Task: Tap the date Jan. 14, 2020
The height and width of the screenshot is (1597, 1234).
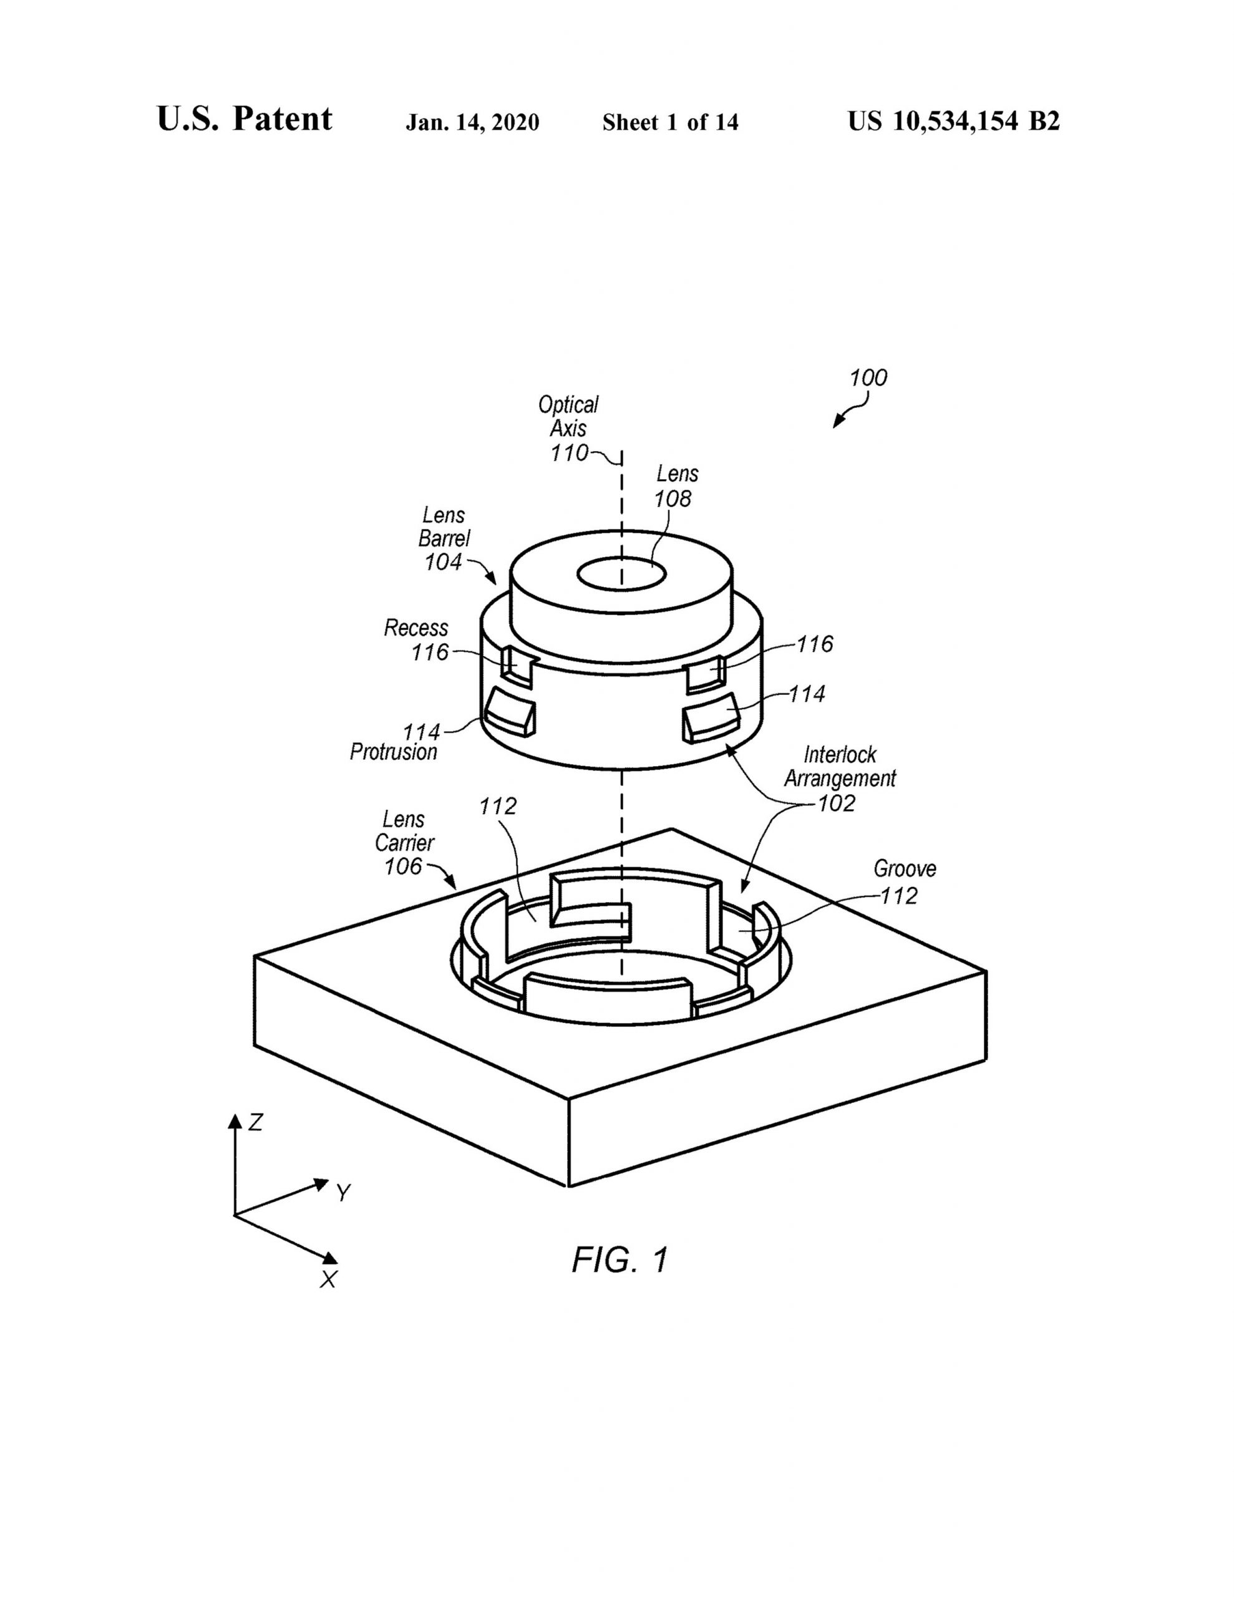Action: (x=472, y=122)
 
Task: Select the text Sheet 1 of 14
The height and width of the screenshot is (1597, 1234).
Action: (x=670, y=122)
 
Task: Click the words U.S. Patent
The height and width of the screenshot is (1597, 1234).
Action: (x=245, y=119)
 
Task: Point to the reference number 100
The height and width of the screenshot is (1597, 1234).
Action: (x=868, y=377)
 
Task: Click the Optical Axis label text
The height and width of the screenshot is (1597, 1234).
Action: (x=568, y=416)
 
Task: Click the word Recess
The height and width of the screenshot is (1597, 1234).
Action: (x=415, y=628)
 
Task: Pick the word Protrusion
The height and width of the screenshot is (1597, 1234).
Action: (x=394, y=752)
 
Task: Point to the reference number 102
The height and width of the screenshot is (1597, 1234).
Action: (x=837, y=803)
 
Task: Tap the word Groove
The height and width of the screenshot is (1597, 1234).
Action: (x=905, y=869)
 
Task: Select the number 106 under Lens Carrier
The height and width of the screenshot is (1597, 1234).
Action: (x=404, y=866)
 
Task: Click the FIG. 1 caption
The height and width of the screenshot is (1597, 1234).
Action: (x=619, y=1260)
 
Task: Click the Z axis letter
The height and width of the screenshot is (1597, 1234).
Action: (x=255, y=1122)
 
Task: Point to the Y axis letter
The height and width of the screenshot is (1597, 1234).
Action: (x=343, y=1193)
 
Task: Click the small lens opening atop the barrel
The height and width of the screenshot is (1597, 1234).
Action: (x=621, y=574)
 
